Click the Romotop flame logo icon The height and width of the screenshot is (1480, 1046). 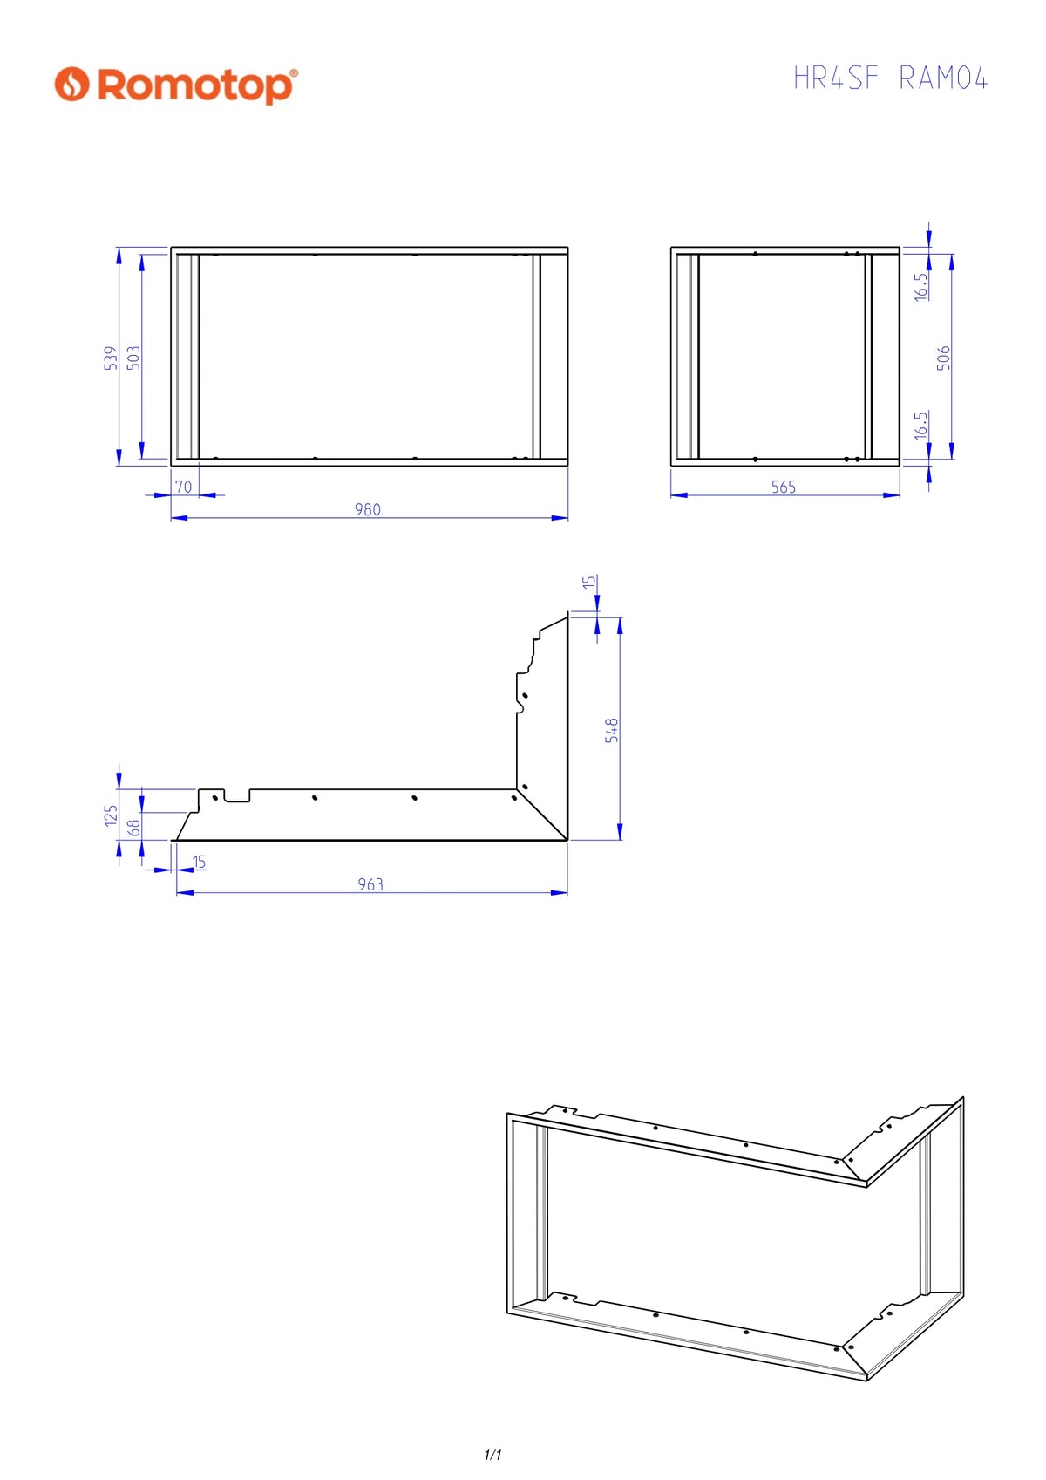pos(71,84)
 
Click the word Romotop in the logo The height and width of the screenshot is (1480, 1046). pos(194,85)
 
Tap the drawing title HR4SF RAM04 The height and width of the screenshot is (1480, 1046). pos(889,78)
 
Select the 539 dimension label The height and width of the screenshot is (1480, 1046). pos(111,358)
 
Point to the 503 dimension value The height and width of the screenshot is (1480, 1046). pos(133,358)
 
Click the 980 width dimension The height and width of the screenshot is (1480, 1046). pos(368,509)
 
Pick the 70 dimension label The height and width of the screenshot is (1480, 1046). pos(184,487)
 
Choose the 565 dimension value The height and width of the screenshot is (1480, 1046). pos(784,487)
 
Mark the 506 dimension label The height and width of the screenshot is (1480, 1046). pos(944,358)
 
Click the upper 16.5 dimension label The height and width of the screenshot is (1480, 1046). pos(921,287)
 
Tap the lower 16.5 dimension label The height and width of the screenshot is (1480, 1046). pos(921,425)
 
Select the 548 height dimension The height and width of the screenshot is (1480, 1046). pos(612,730)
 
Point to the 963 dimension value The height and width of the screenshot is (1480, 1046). pos(370,884)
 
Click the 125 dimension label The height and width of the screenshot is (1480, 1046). pos(111,815)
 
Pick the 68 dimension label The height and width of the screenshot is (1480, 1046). pos(134,828)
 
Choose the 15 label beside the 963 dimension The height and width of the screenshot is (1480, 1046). pos(199,862)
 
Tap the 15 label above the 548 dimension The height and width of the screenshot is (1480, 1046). pos(589,582)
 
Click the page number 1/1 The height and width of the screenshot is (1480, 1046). pos(492,1454)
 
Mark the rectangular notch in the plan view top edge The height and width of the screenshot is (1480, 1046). pos(237,795)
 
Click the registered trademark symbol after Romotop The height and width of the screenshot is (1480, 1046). pos(294,72)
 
